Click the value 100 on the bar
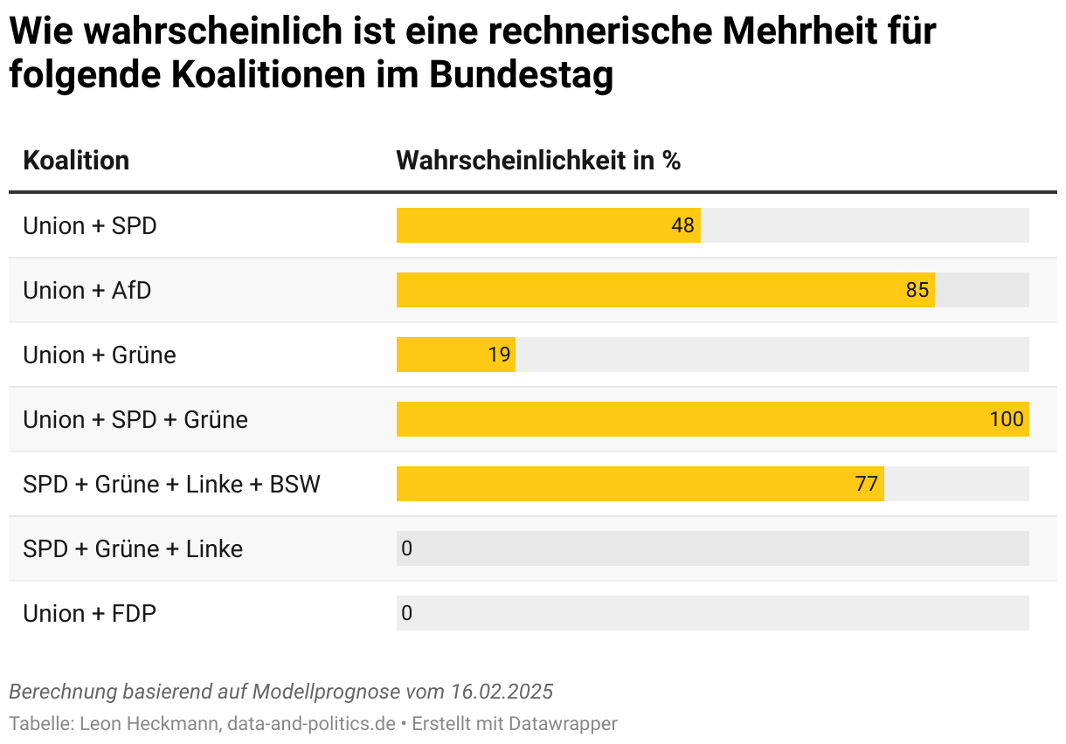click(1006, 419)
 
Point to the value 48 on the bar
click(682, 225)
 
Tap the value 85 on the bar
click(917, 290)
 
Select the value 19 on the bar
click(499, 355)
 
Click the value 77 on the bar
click(866, 484)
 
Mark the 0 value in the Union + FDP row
click(406, 613)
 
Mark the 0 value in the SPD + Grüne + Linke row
click(406, 548)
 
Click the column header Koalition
click(76, 161)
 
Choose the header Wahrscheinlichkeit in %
click(538, 161)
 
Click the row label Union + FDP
click(89, 613)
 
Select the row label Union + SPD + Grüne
click(135, 419)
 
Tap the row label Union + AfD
click(87, 290)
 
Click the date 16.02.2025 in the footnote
click(502, 692)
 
